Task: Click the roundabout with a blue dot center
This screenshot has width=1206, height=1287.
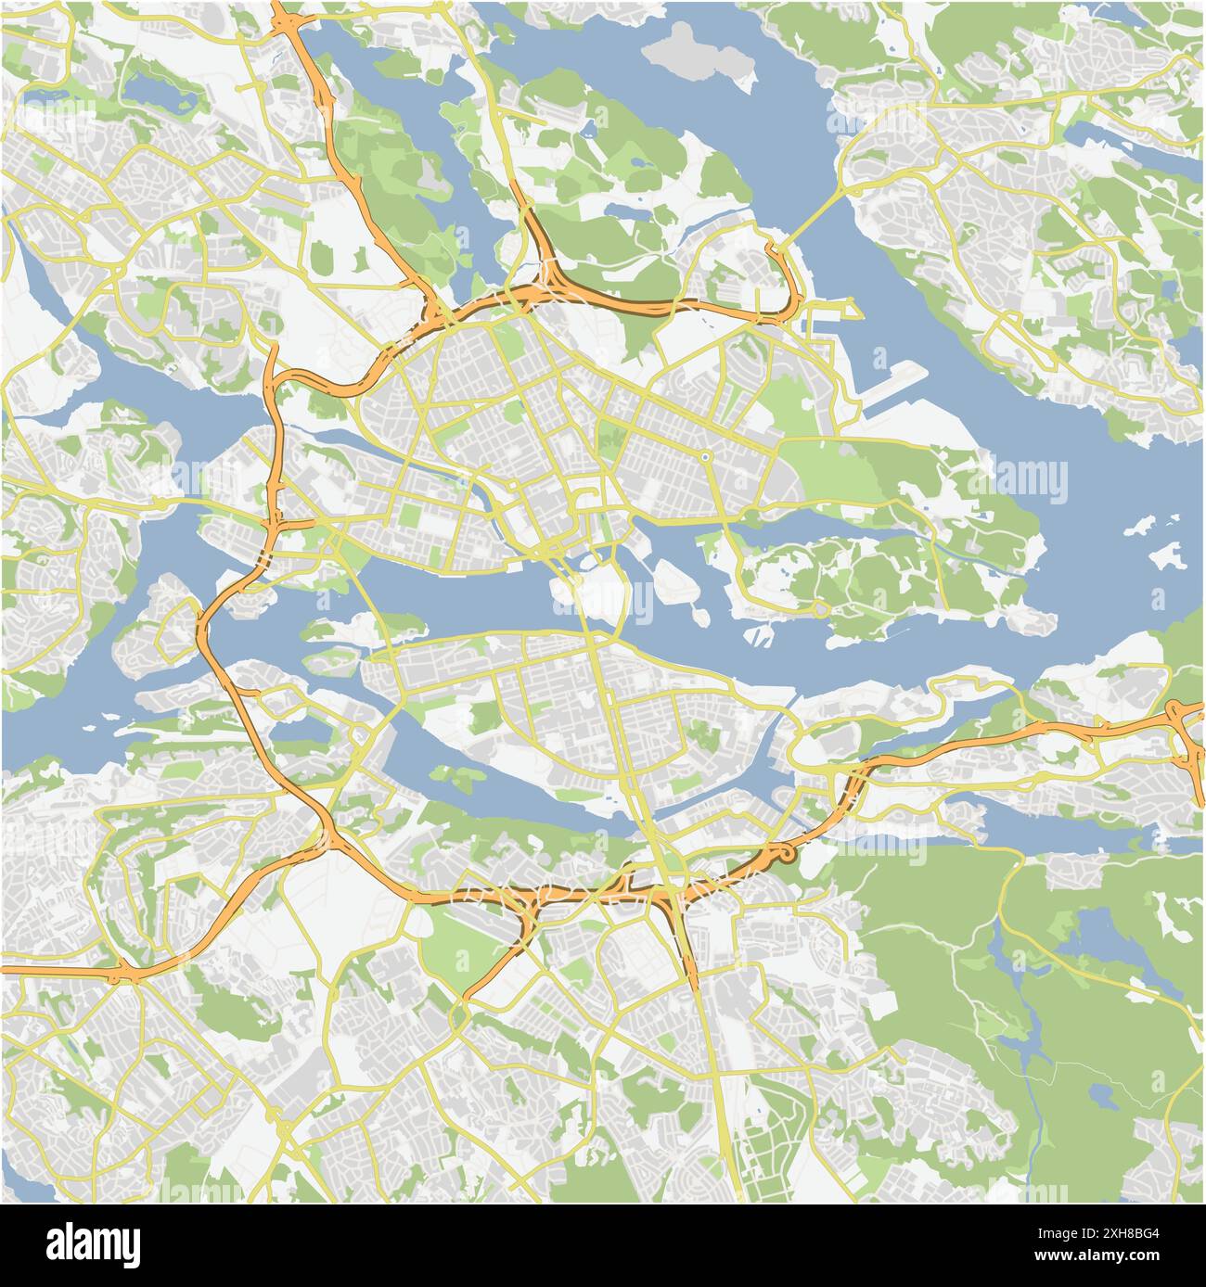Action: [x=705, y=456]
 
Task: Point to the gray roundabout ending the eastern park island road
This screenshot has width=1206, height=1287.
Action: [x=820, y=609]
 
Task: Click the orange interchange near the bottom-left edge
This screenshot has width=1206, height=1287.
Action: [x=121, y=974]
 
